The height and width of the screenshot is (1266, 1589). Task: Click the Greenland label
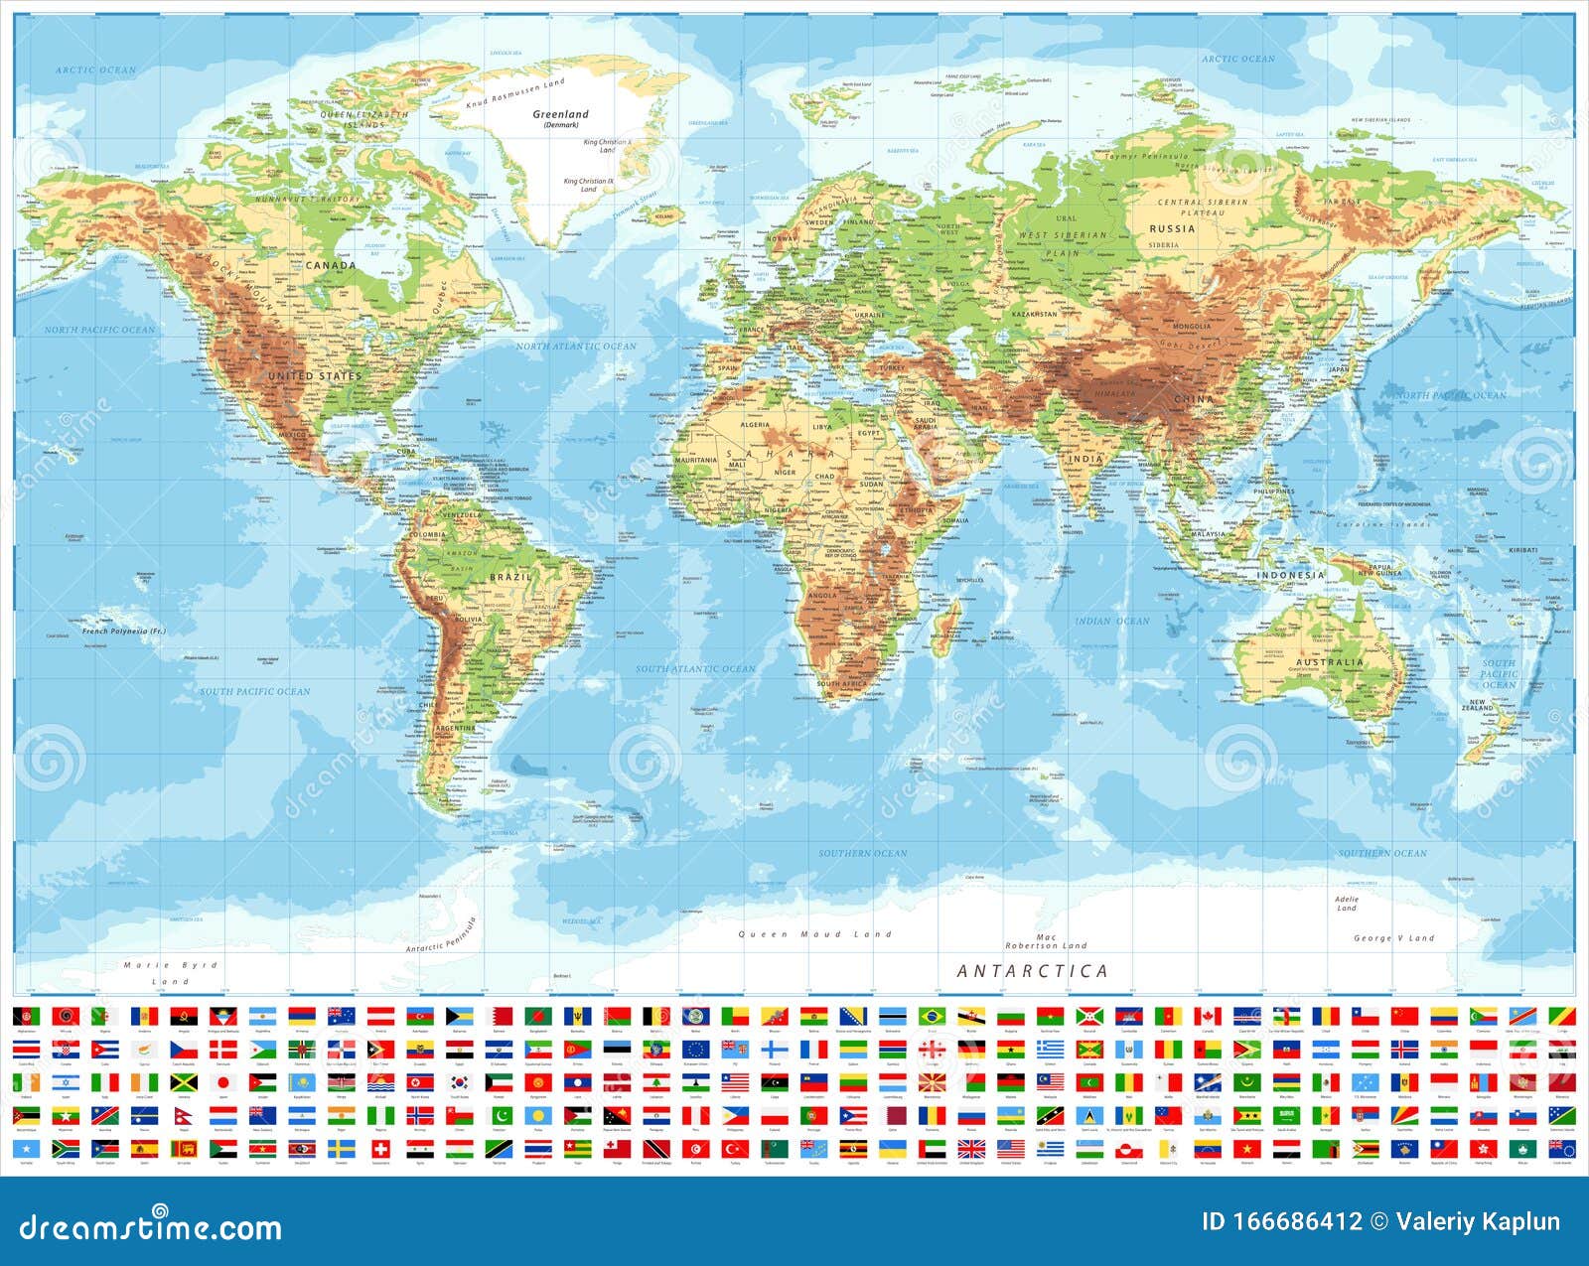pyautogui.click(x=560, y=114)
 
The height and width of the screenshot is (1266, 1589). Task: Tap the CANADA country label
pyautogui.click(x=331, y=265)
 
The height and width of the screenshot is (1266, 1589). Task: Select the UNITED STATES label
pyautogui.click(x=315, y=376)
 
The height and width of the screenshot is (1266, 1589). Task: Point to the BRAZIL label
pyautogui.click(x=510, y=577)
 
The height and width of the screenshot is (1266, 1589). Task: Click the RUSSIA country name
pyautogui.click(x=1172, y=228)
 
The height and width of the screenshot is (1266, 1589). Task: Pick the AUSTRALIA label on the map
pyautogui.click(x=1330, y=662)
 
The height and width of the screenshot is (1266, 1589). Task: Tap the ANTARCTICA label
pyautogui.click(x=1032, y=971)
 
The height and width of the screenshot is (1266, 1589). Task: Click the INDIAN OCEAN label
pyautogui.click(x=1111, y=621)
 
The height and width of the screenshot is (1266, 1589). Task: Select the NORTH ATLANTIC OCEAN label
pyautogui.click(x=576, y=346)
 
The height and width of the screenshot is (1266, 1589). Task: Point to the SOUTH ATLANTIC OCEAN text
pyautogui.click(x=695, y=668)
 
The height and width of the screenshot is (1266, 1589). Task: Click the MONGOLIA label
pyautogui.click(x=1192, y=326)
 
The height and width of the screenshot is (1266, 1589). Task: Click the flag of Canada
pyautogui.click(x=1207, y=1016)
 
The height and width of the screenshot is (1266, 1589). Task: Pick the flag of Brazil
pyautogui.click(x=932, y=1016)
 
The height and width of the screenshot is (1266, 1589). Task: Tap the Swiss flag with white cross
pyautogui.click(x=379, y=1149)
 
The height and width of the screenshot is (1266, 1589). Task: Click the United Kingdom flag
pyautogui.click(x=970, y=1149)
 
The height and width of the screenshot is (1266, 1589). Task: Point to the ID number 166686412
pyautogui.click(x=1281, y=1221)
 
